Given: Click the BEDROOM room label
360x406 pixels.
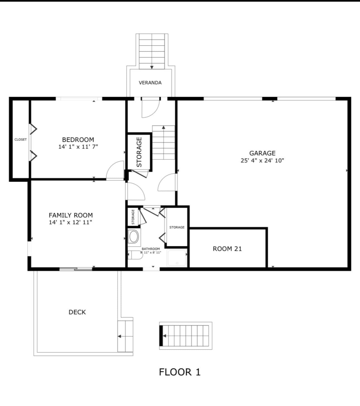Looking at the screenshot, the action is click(78, 139).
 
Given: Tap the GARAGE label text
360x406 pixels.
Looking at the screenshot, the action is click(262, 153).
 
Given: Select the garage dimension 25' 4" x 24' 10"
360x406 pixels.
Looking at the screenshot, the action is click(262, 161).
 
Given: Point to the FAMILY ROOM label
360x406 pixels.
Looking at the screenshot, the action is click(71, 215).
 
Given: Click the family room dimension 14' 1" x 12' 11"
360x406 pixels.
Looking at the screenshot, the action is click(71, 222).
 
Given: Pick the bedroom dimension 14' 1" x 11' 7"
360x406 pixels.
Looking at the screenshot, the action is click(78, 147).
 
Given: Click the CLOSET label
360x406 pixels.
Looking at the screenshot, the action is click(20, 139).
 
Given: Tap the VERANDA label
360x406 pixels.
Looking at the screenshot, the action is click(150, 83).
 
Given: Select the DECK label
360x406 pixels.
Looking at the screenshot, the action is click(77, 312).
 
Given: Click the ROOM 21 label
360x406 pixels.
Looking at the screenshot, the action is click(227, 249).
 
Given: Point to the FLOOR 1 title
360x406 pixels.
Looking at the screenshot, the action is click(180, 372).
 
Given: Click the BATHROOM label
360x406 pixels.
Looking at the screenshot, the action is click(151, 249).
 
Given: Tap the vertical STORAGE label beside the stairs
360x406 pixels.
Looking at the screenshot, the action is click(139, 152).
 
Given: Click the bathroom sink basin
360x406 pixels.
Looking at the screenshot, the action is click(134, 237).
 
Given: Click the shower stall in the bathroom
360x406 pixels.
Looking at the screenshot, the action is click(177, 258).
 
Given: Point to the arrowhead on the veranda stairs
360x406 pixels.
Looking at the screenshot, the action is click(152, 67).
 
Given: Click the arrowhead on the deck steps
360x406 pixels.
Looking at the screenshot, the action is click(119, 336).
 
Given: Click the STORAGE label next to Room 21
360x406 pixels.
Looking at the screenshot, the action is click(177, 227).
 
